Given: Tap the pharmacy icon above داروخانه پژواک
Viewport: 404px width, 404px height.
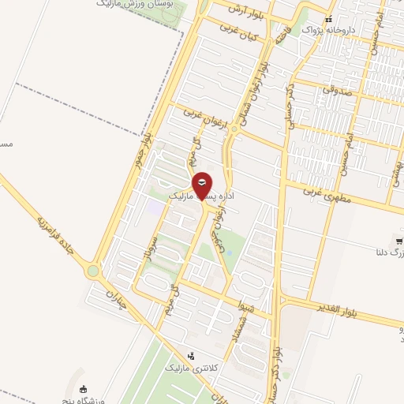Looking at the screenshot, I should tap(329, 18).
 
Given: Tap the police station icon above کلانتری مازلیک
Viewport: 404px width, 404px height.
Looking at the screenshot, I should tap(189, 356).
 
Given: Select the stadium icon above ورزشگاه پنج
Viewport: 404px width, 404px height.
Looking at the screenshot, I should tap(83, 387).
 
